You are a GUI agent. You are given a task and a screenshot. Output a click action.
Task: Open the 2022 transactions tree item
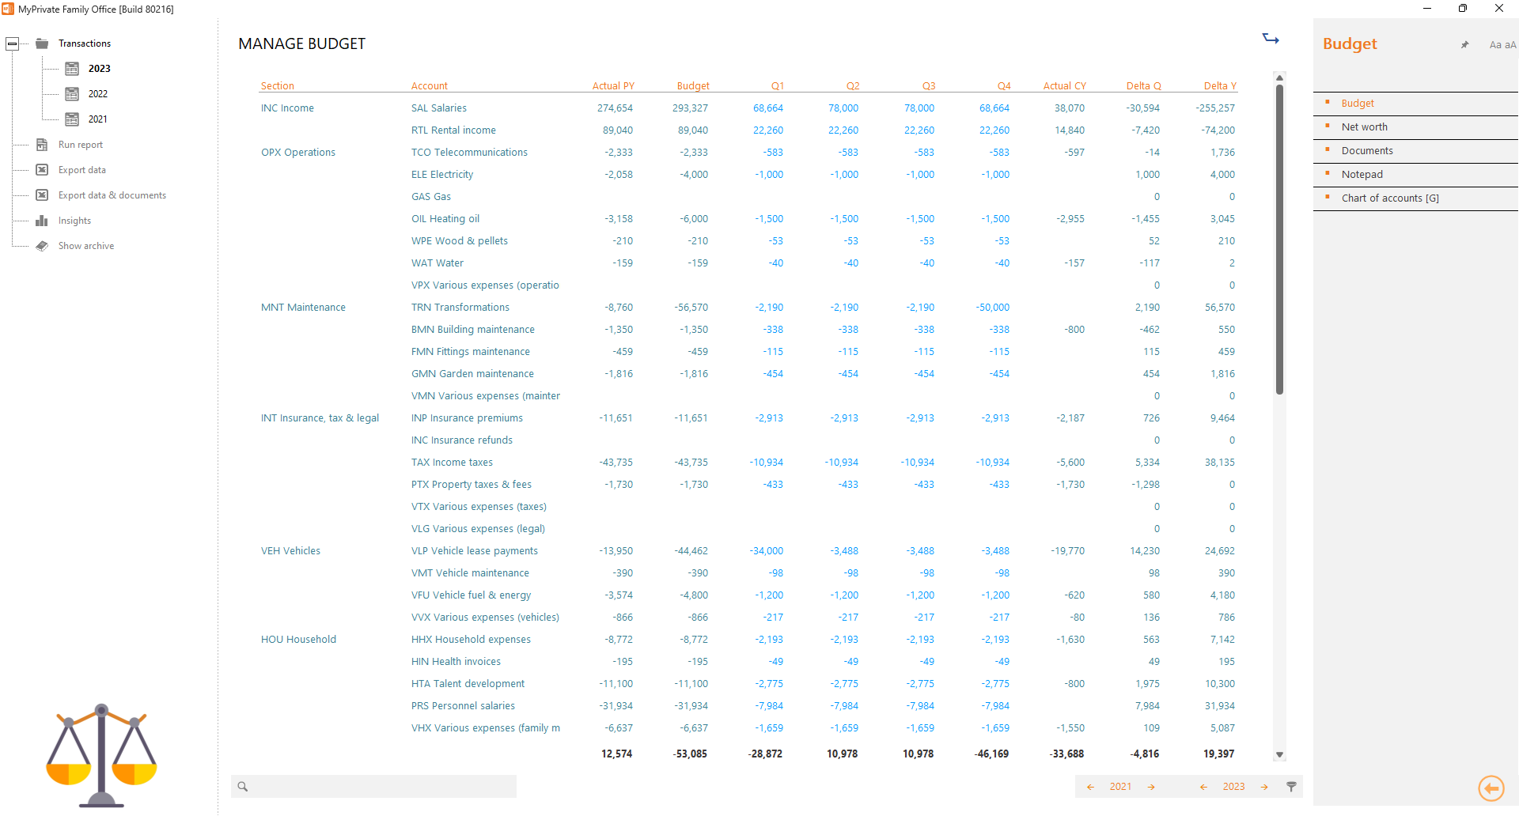(97, 94)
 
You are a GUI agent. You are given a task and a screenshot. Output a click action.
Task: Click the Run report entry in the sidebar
(80, 145)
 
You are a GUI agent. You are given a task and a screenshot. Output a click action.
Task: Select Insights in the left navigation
(74, 221)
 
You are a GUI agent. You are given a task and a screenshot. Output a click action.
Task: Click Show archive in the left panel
(85, 246)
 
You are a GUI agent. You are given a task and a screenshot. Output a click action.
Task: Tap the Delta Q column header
(1143, 86)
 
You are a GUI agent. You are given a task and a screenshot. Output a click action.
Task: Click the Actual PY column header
(613, 86)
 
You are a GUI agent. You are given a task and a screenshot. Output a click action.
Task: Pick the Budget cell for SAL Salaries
(690, 108)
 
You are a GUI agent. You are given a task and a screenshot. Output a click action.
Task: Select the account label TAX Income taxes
(452, 463)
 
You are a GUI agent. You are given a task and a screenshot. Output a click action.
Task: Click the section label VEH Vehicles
(290, 551)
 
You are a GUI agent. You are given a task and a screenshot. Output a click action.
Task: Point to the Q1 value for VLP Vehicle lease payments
(766, 551)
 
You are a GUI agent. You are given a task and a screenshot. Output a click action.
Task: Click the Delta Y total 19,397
(1218, 754)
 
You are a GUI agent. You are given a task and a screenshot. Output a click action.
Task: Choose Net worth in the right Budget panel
(1364, 127)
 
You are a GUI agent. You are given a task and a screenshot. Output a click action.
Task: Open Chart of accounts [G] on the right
(1389, 198)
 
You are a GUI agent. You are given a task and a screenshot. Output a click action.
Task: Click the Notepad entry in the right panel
(1362, 175)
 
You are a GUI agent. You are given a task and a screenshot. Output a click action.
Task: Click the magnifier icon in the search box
(243, 787)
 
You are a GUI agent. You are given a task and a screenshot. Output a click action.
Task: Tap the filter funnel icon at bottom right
(1291, 787)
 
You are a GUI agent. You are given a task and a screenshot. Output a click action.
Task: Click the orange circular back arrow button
(1491, 788)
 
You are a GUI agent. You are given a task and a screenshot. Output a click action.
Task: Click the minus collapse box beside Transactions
(13, 43)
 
